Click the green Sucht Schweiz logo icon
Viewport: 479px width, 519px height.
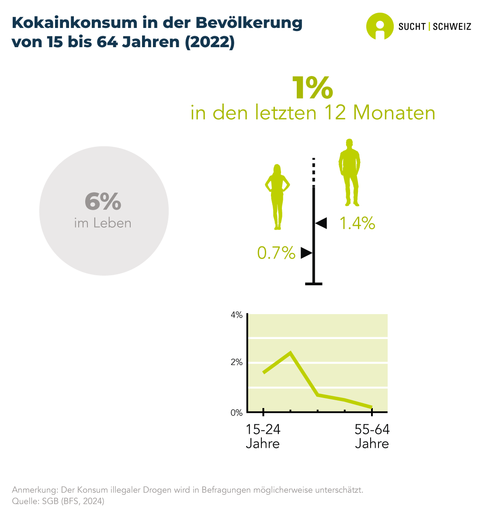coord(379,26)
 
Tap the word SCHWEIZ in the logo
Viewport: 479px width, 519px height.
coord(452,27)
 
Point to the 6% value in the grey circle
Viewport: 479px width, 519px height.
coord(103,201)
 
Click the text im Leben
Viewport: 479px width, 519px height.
coord(103,223)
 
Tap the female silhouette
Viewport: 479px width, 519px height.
coord(277,197)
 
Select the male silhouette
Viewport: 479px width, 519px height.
coord(349,173)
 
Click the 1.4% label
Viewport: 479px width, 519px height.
coord(358,223)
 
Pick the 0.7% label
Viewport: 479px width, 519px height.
coord(276,253)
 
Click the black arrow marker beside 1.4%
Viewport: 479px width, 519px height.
coord(321,223)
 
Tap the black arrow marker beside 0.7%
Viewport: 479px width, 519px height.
coord(306,253)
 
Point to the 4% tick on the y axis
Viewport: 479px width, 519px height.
coord(236,315)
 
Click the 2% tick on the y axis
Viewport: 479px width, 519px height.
coord(236,362)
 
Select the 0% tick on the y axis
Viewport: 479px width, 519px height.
coord(236,412)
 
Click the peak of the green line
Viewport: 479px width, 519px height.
coord(290,352)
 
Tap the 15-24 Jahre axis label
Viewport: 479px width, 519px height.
coord(263,436)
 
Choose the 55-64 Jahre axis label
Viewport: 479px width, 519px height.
coord(372,436)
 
